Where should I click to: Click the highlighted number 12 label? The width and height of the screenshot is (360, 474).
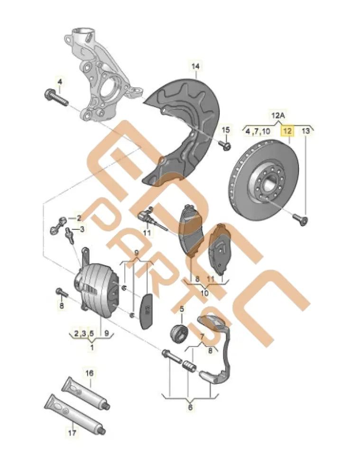pos(287,131)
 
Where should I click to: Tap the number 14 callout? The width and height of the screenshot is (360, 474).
pos(195,66)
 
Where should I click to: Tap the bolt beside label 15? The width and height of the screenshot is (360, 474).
pos(227,145)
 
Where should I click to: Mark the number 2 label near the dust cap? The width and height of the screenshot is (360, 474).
pos(79,218)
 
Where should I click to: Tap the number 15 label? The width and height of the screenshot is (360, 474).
pos(226,130)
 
